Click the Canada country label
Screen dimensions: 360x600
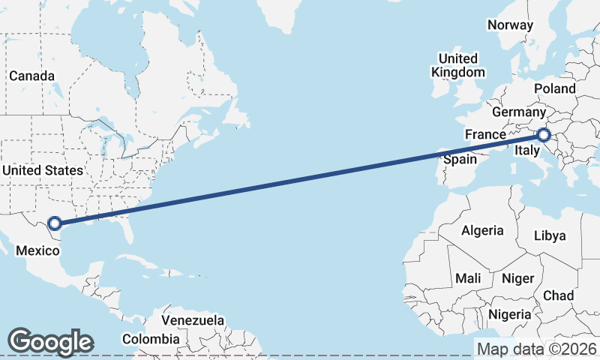click(31, 76)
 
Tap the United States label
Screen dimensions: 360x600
click(42, 170)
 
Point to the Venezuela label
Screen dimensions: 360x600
click(193, 320)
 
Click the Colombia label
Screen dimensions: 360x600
click(151, 339)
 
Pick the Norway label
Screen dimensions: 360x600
click(510, 25)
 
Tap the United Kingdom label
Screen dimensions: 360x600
click(457, 65)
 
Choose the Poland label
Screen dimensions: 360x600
click(555, 88)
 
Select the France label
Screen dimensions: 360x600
click(485, 134)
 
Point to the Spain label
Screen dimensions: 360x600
click(460, 159)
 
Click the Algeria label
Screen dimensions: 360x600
click(482, 230)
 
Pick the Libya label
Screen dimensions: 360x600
click(550, 235)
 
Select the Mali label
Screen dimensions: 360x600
click(469, 278)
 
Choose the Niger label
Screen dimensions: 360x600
click(517, 278)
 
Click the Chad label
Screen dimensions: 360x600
click(558, 295)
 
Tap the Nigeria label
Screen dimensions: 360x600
click(510, 313)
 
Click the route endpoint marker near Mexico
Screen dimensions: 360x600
click(54, 223)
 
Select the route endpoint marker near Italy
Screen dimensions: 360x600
click(544, 135)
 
